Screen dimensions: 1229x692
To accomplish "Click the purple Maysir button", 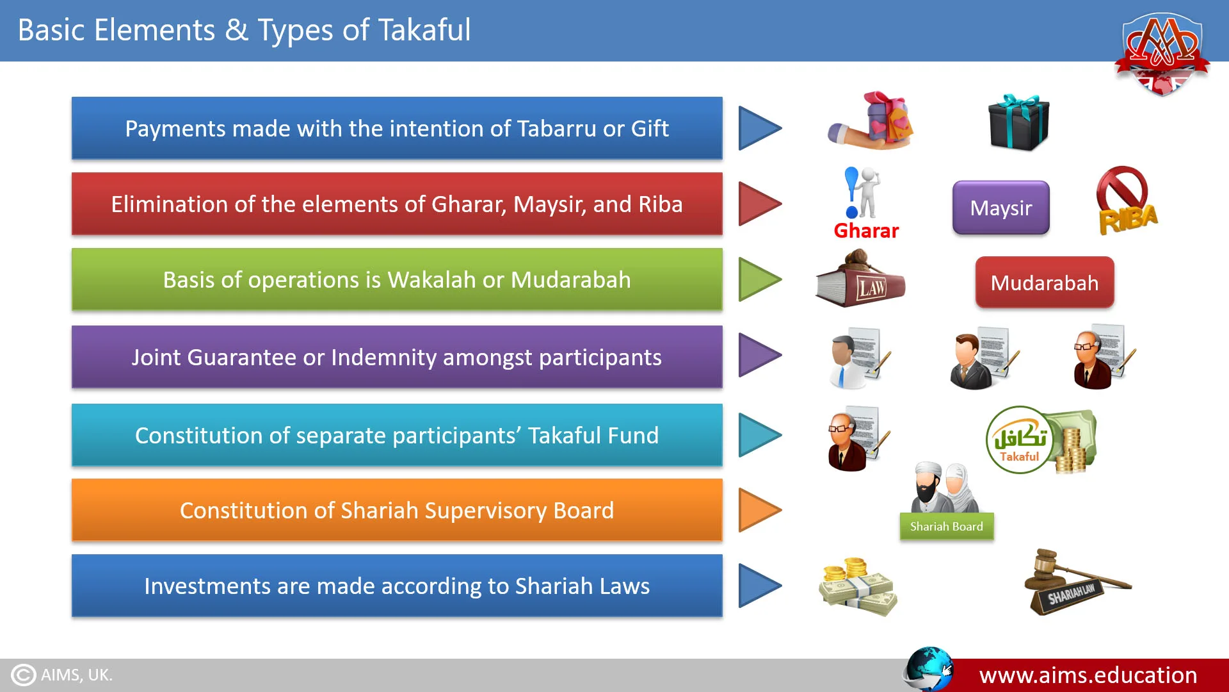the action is [1001, 208].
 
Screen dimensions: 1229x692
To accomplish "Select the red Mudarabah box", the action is [1045, 283].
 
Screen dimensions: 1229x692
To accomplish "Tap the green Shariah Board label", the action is [947, 527].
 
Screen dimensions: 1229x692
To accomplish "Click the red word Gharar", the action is [866, 231].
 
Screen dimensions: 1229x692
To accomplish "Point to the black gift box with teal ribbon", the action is [1018, 122].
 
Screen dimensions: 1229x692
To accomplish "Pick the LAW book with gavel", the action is [860, 279].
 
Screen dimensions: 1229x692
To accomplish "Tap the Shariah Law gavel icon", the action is [1077, 582].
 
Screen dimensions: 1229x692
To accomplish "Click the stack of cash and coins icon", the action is [858, 586].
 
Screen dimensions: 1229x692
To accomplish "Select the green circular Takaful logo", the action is [1019, 440].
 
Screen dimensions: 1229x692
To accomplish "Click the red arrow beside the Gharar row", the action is [760, 204].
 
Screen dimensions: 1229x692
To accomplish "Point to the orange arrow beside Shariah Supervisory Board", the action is [760, 510].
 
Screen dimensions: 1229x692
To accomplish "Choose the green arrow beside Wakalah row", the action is [760, 279].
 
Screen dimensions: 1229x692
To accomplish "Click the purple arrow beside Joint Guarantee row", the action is [760, 355].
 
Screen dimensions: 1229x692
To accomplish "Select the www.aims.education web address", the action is [1088, 675].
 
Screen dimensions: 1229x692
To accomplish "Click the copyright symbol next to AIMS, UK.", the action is [24, 675].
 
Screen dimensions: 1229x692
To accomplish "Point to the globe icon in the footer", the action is [928, 669].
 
